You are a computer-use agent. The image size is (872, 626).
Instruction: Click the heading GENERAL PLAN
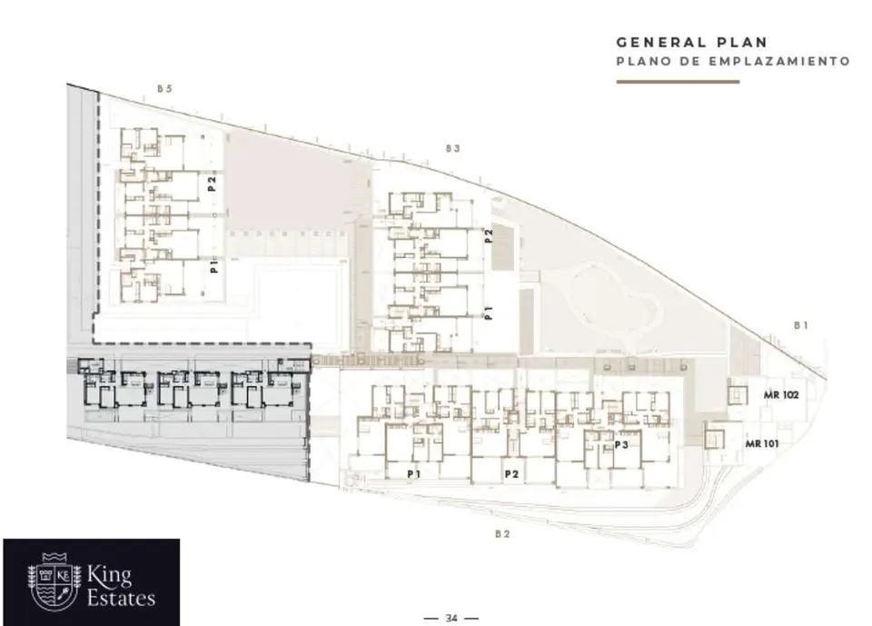point(692,43)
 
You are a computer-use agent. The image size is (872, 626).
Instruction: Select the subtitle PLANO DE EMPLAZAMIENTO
point(733,61)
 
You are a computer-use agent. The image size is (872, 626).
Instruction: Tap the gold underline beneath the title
point(678,82)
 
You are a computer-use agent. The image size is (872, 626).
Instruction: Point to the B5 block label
point(164,88)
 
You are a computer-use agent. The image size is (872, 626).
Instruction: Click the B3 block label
point(452,149)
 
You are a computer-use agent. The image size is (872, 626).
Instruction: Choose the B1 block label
point(801,325)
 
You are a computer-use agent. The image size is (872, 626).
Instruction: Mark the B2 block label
point(502,534)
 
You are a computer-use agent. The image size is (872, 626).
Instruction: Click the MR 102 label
point(781,395)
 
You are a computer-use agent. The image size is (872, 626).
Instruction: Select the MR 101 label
point(762,444)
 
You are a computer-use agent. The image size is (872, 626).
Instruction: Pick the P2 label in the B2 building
point(511,474)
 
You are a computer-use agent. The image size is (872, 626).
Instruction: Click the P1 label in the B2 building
point(414,474)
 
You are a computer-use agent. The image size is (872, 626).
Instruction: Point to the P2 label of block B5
point(212,184)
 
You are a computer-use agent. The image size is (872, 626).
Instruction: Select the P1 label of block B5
point(214,266)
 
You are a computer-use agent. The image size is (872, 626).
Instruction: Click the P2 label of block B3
point(489,236)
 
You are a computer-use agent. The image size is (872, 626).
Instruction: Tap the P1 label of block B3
point(489,313)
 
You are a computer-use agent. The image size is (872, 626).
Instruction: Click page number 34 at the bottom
point(451,618)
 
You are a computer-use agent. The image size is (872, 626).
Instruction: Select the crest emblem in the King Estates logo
point(54,581)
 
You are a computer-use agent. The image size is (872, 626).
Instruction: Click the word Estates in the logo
point(121,598)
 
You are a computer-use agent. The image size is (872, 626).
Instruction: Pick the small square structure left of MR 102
point(738,392)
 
